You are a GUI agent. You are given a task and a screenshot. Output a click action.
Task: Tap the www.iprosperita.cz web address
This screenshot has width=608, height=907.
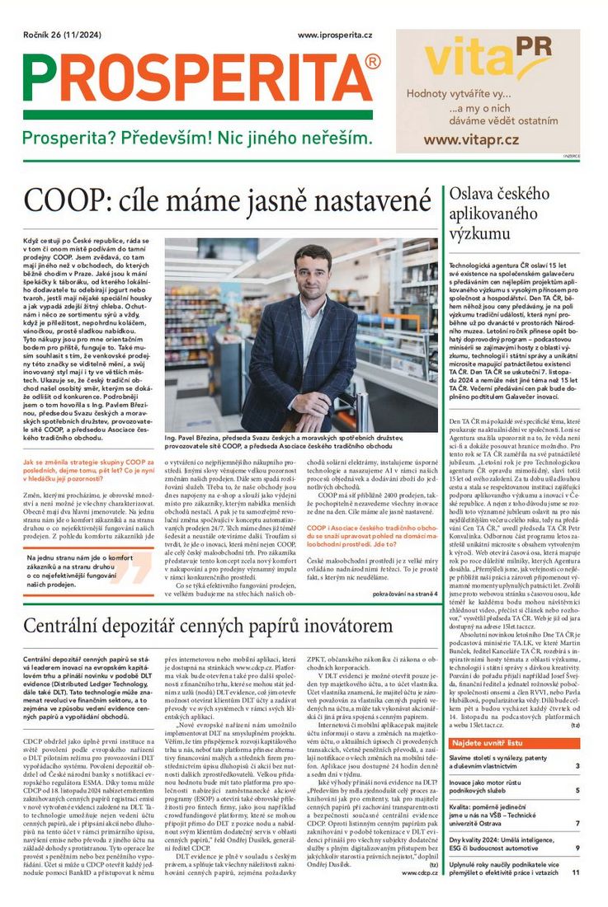pos(334,35)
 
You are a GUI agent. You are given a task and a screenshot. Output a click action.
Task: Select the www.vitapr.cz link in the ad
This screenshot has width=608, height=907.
pos(471,139)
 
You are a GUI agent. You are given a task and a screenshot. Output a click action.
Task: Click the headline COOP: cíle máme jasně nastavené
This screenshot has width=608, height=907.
pos(222,202)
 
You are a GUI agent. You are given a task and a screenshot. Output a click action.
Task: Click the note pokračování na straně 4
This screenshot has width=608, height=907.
pos(404,594)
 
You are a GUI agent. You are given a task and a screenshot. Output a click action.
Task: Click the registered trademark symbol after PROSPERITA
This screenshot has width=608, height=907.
pos(372,63)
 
